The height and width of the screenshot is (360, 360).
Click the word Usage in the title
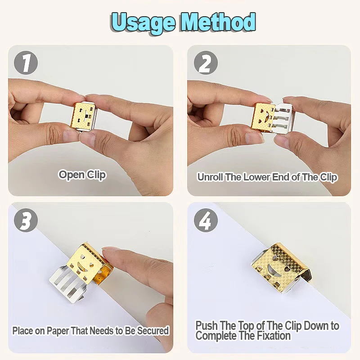pyautogui.click(x=143, y=21)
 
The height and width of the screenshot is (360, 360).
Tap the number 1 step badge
pyautogui.click(x=26, y=63)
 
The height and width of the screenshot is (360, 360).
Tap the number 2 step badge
pyautogui.click(x=205, y=63)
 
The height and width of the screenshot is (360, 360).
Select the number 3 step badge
pyautogui.click(x=26, y=220)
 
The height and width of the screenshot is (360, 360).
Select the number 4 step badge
pyautogui.click(x=205, y=220)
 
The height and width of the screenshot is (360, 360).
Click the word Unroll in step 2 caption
pyautogui.click(x=210, y=177)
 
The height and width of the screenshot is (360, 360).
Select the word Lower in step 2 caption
pyautogui.click(x=257, y=177)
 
